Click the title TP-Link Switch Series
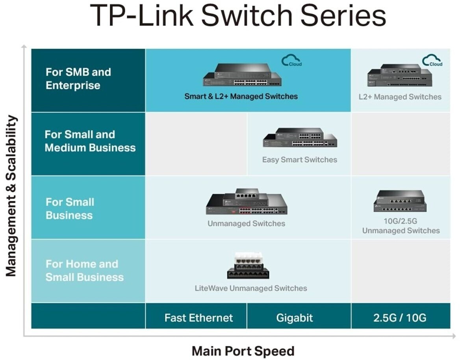pos(238,15)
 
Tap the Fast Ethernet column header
pos(198,318)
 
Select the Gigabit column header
pos(295,318)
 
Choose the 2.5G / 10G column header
pos(400,318)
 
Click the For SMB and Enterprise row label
pos(78,79)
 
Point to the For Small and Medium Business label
pos(90,141)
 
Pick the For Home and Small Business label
pos(85,271)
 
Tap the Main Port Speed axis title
pos(243,351)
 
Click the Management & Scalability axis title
pos(11,196)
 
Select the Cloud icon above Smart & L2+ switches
pos(291,60)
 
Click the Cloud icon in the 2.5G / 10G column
pos(432,60)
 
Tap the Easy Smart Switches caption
pos(300,160)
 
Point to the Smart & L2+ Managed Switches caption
pos(241,96)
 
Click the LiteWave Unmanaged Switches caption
pos(251,288)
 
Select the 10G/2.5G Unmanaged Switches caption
pos(401,226)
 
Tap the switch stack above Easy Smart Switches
pos(300,137)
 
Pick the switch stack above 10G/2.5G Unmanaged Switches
pos(400,201)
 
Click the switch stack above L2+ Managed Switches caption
pos(400,75)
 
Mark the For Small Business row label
pos(70,209)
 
